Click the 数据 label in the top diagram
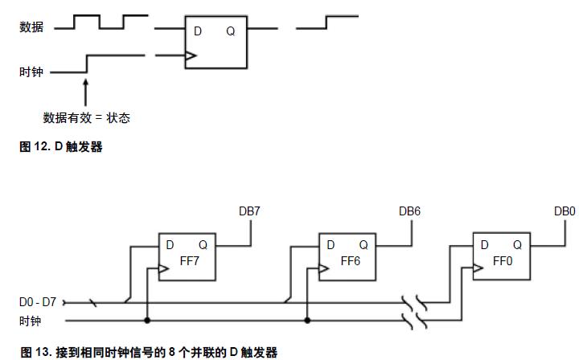[31, 27]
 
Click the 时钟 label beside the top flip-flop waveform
[31, 72]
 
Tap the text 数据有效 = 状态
[86, 118]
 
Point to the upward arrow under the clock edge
[85, 87]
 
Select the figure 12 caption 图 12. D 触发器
[61, 147]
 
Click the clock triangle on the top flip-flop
[190, 56]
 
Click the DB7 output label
[250, 211]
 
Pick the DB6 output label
[410, 211]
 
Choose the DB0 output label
[565, 211]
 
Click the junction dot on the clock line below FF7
[147, 319]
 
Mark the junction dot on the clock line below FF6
[307, 319]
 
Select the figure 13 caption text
[149, 352]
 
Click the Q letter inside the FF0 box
[517, 245]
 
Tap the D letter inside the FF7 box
[170, 245]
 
